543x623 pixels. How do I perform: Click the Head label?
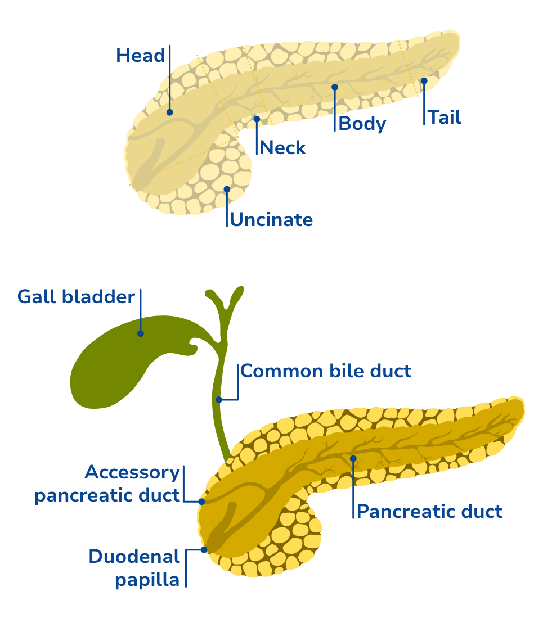pos(141,56)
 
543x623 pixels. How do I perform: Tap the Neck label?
pos(283,148)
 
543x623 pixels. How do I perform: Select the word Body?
pos(362,124)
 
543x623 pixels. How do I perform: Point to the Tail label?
pos(444,118)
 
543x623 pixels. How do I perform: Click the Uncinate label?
pos(271,219)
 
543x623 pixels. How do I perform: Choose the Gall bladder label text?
pos(76,296)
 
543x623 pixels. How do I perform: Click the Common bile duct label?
pos(326,371)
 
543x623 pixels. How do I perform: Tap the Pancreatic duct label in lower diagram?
pos(429,512)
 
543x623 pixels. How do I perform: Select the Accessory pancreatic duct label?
pos(107,484)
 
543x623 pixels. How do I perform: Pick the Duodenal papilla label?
pos(134,568)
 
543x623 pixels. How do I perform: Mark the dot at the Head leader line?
pos(169,112)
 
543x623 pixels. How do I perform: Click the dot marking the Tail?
pos(424,81)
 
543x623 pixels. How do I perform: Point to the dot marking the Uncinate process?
pos(227,189)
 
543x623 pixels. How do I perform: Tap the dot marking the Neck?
pos(257,119)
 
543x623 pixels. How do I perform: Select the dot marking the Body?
pos(335,87)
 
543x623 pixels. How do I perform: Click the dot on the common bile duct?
pos(219,400)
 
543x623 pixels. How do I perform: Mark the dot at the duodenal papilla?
pos(204,549)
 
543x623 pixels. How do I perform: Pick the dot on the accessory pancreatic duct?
pos(201,501)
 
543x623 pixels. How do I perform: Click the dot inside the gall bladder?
pos(141,333)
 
